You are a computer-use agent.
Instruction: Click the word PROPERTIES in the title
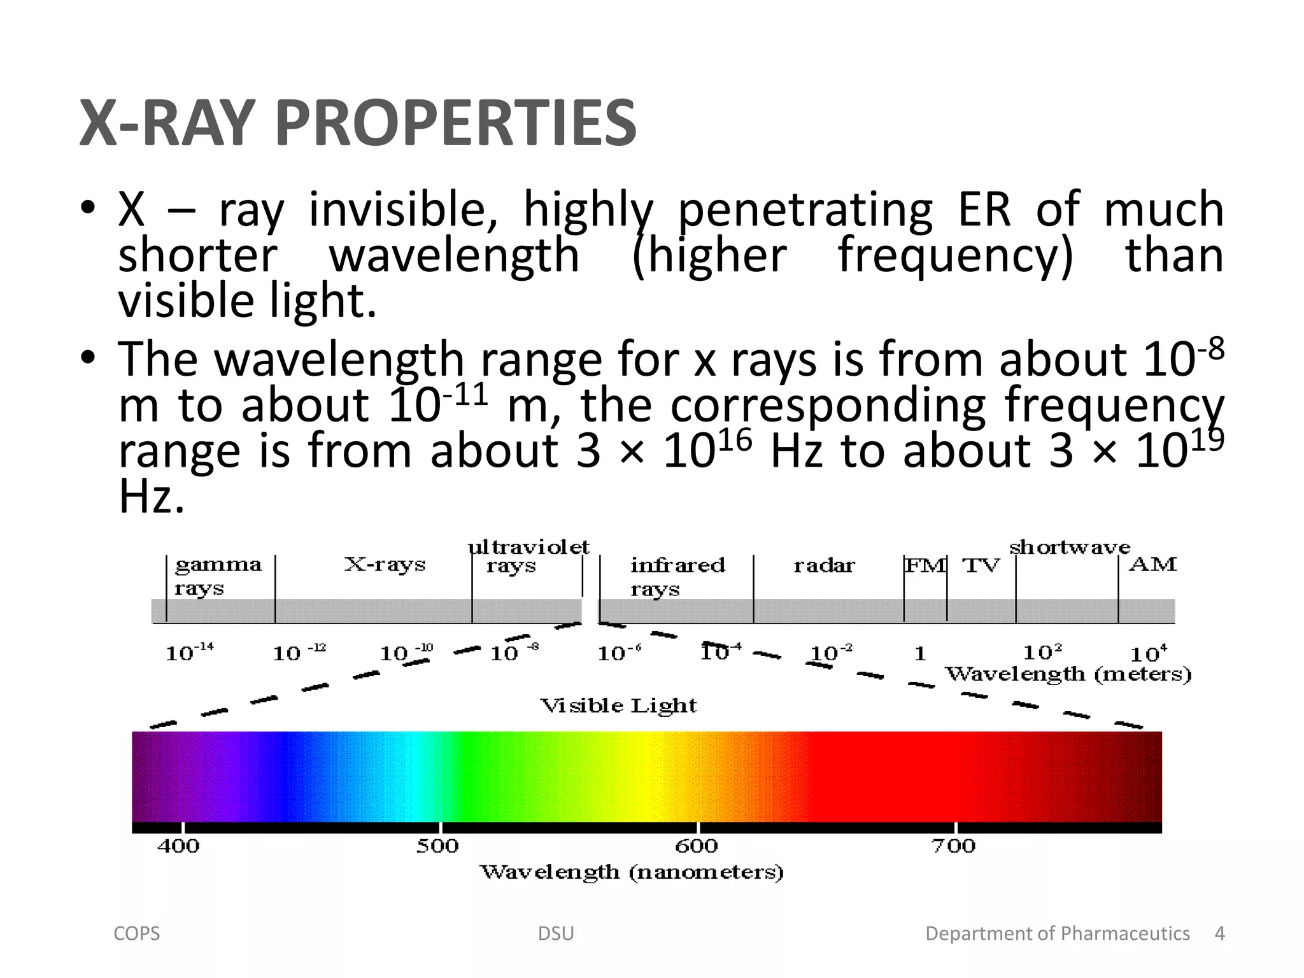pyautogui.click(x=456, y=123)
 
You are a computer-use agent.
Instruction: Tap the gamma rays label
pyautogui.click(x=218, y=576)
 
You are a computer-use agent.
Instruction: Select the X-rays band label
pyautogui.click(x=385, y=565)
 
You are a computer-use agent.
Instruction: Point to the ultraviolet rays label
pyautogui.click(x=528, y=556)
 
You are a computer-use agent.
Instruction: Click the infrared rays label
pyautogui.click(x=677, y=576)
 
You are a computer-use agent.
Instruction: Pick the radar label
pyautogui.click(x=824, y=565)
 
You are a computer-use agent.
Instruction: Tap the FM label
pyautogui.click(x=925, y=565)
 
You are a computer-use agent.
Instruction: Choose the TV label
pyautogui.click(x=981, y=565)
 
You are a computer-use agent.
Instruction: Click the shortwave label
pyautogui.click(x=1070, y=547)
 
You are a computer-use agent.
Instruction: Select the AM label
pyautogui.click(x=1152, y=565)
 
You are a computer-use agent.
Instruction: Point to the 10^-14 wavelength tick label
pyautogui.click(x=189, y=653)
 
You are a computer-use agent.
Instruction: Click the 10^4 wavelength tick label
pyautogui.click(x=1148, y=653)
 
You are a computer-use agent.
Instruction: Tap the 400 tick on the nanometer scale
pyautogui.click(x=178, y=846)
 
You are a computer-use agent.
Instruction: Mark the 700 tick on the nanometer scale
pyautogui.click(x=953, y=846)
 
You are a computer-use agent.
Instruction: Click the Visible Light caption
pyautogui.click(x=618, y=705)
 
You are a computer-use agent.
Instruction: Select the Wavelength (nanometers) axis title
pyautogui.click(x=631, y=872)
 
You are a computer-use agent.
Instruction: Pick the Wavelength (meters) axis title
pyautogui.click(x=1068, y=674)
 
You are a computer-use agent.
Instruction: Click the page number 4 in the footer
pyautogui.click(x=1219, y=933)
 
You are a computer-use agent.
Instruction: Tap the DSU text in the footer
pyautogui.click(x=556, y=933)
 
